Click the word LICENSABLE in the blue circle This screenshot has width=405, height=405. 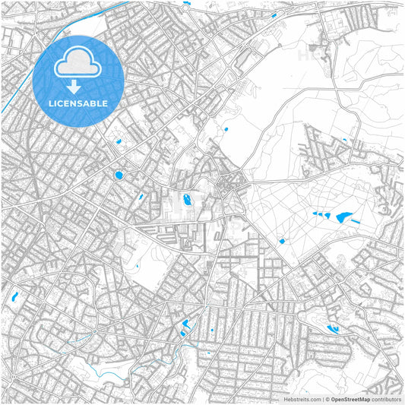(78, 103)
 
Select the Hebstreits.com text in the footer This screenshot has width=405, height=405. (300, 398)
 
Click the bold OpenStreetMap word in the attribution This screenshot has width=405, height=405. (350, 398)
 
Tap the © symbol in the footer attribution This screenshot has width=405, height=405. (326, 398)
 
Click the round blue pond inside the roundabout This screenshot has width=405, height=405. (119, 176)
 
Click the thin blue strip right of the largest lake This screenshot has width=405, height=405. (356, 221)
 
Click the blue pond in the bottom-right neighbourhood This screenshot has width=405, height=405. (333, 329)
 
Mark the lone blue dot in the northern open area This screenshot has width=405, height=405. (226, 131)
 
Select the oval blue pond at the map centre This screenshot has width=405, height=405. (185, 201)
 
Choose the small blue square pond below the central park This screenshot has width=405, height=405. (282, 242)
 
